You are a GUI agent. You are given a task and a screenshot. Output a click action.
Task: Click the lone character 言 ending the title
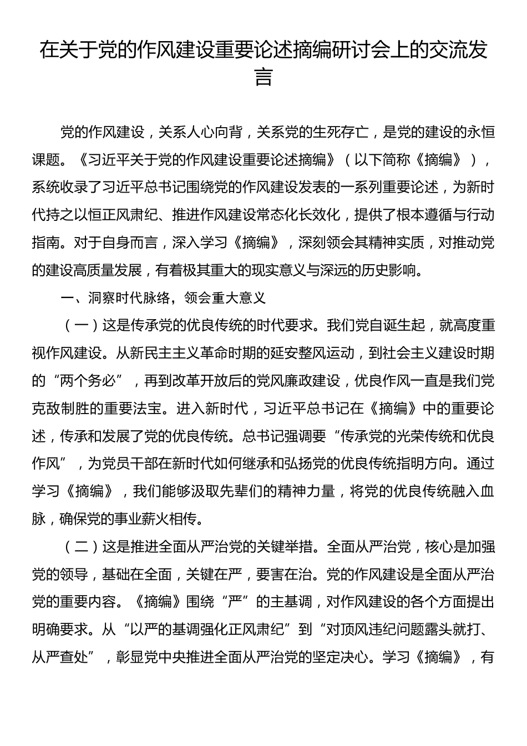(263, 77)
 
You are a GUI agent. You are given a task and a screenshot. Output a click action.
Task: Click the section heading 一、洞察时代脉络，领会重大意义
(164, 298)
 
